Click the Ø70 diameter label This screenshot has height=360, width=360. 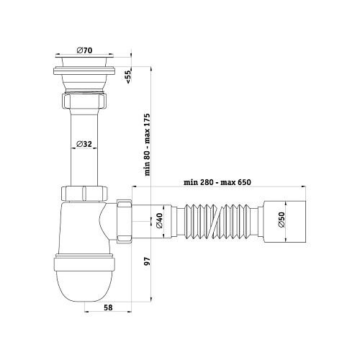[x=84, y=50]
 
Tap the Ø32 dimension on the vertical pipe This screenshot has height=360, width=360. [x=84, y=144]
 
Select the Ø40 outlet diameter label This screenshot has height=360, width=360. [x=159, y=220]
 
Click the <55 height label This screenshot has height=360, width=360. [x=128, y=76]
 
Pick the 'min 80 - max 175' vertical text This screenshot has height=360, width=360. [x=147, y=145]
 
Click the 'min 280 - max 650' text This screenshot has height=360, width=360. [x=217, y=182]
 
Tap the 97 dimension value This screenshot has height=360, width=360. [x=147, y=261]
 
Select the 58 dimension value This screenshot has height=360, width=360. [x=108, y=307]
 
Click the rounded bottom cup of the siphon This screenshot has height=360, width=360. [x=84, y=287]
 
